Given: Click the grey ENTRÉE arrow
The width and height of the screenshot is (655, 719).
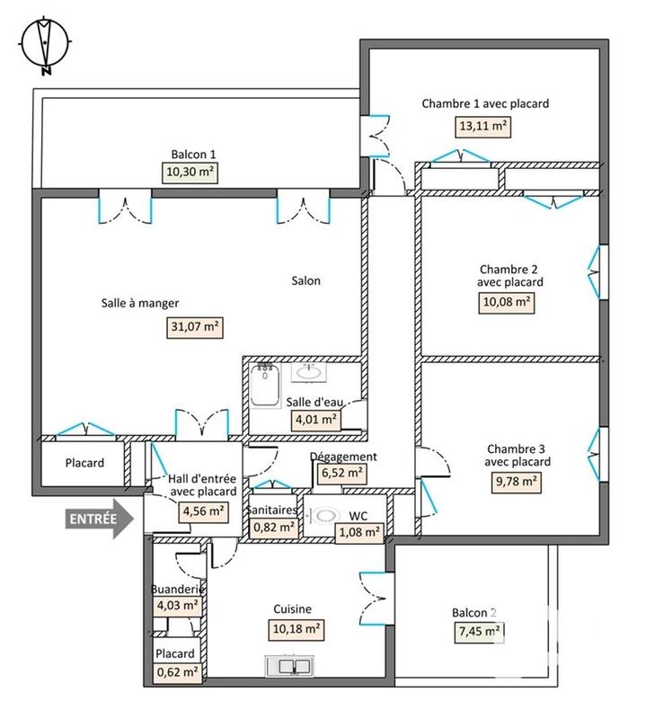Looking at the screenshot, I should click(97, 519).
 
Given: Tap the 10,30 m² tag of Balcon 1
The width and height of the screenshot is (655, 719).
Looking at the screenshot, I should click(192, 172).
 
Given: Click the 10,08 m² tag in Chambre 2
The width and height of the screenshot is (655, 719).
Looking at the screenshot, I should click(508, 303).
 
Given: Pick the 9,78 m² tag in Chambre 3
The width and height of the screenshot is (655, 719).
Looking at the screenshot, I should click(517, 482).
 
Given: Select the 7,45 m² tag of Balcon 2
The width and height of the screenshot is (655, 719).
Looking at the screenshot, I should click(477, 632).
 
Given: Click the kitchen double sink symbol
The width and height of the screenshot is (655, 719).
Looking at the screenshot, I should click(289, 666).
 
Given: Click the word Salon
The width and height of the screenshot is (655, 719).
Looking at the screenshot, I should click(305, 280).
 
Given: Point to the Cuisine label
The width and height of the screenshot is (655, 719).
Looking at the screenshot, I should click(292, 608).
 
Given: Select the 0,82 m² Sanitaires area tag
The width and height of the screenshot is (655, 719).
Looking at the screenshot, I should click(272, 528).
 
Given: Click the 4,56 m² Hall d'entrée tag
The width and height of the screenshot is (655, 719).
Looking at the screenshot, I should click(204, 511).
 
